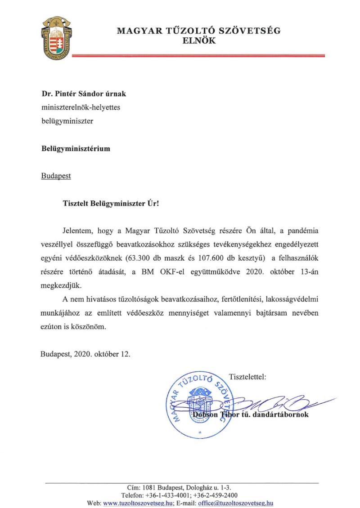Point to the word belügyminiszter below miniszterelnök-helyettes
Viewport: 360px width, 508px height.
(67, 121)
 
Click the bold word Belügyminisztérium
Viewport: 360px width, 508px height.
(75, 148)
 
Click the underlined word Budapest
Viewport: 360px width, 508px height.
(56, 175)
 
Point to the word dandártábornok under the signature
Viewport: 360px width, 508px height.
(280, 414)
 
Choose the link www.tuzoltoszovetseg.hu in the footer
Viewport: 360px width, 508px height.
(138, 504)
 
